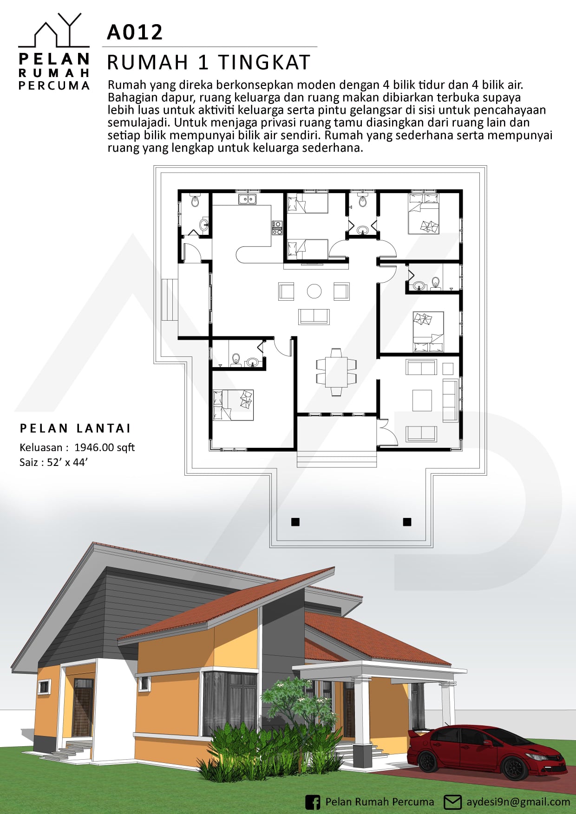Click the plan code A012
[x=135, y=32]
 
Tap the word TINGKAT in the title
[x=264, y=63]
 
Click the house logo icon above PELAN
[x=54, y=30]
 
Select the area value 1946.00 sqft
[x=105, y=447]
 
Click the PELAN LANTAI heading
[x=75, y=428]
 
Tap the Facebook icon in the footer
[x=313, y=802]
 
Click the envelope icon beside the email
[x=452, y=802]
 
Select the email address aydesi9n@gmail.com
[x=518, y=802]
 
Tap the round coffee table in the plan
[x=314, y=291]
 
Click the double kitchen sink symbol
[x=248, y=199]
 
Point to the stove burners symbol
[x=277, y=227]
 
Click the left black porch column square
[x=295, y=522]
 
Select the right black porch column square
[x=407, y=522]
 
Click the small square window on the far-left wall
[x=44, y=687]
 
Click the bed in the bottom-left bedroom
[x=233, y=405]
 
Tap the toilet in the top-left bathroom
[x=195, y=201]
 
